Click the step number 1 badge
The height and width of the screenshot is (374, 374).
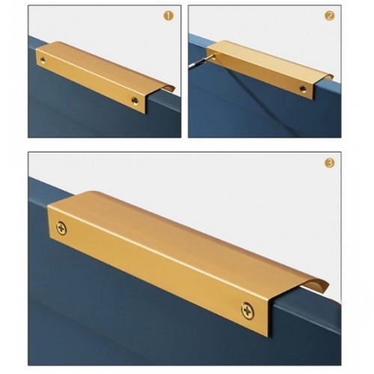168,16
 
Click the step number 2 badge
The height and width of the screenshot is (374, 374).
329,16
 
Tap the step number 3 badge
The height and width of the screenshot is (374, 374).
329,163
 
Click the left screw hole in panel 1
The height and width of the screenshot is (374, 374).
43,60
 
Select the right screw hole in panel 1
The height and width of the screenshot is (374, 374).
135,100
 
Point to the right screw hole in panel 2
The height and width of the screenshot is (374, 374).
303,88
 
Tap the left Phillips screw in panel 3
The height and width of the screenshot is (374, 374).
61,228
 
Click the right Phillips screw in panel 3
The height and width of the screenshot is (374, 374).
248,310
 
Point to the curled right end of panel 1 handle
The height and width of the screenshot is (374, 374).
169,88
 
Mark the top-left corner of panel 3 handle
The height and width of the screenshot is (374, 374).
47,204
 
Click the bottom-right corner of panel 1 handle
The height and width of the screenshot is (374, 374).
145,114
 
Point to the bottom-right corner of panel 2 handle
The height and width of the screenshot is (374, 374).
313,100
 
